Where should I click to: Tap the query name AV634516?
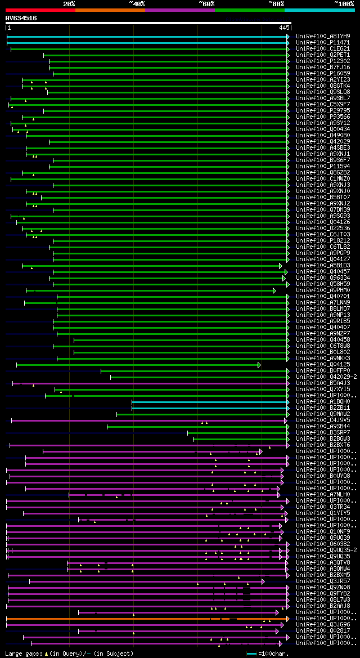(x=21, y=18)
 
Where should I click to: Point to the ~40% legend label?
(x=137, y=4)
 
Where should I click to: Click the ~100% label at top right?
(x=343, y=4)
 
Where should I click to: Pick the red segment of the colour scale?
(x=40, y=10)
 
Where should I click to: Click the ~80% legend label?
(x=276, y=4)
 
